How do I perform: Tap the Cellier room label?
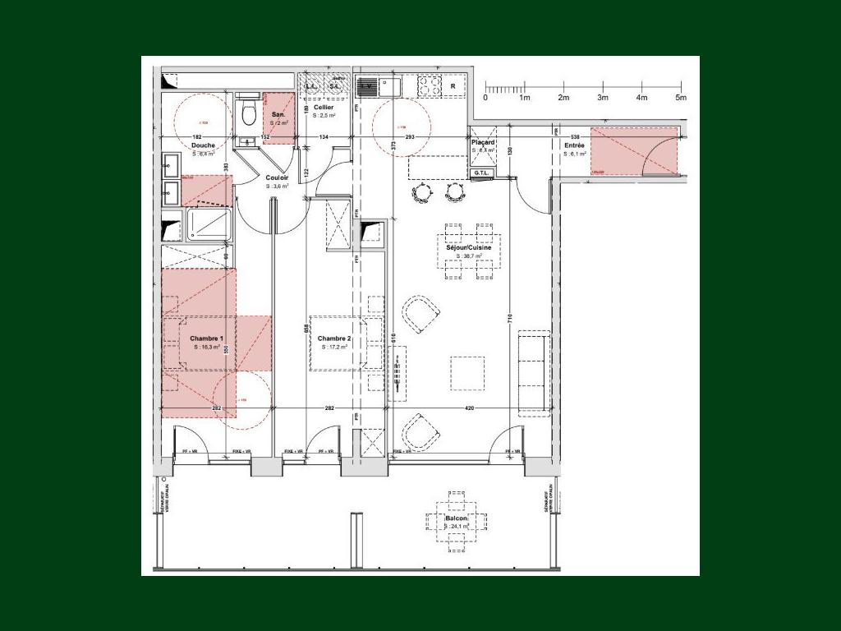click(x=323, y=108)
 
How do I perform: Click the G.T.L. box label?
click(x=481, y=173)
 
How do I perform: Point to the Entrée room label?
click(x=574, y=145)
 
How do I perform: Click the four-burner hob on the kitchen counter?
click(x=429, y=85)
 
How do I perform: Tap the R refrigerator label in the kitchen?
click(x=453, y=85)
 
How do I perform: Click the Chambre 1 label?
click(x=206, y=339)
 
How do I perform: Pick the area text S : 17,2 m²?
click(x=333, y=348)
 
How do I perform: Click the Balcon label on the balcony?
click(x=457, y=519)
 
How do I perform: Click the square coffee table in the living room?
click(x=466, y=372)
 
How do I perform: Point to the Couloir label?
click(x=277, y=177)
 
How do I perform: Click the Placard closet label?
click(x=483, y=142)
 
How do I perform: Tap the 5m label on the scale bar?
click(x=680, y=98)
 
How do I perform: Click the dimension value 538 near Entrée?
click(x=575, y=136)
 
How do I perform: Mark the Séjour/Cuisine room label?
click(x=469, y=247)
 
